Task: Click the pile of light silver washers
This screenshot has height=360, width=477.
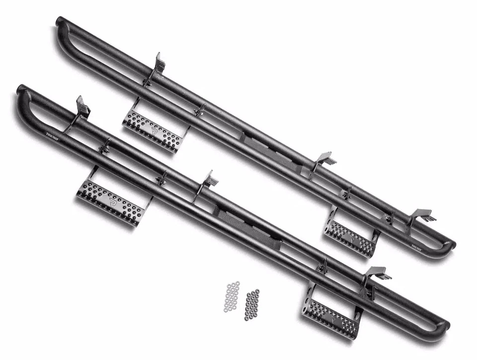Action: (x=232, y=296)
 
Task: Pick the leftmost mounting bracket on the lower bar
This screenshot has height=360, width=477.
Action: (x=81, y=109)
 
